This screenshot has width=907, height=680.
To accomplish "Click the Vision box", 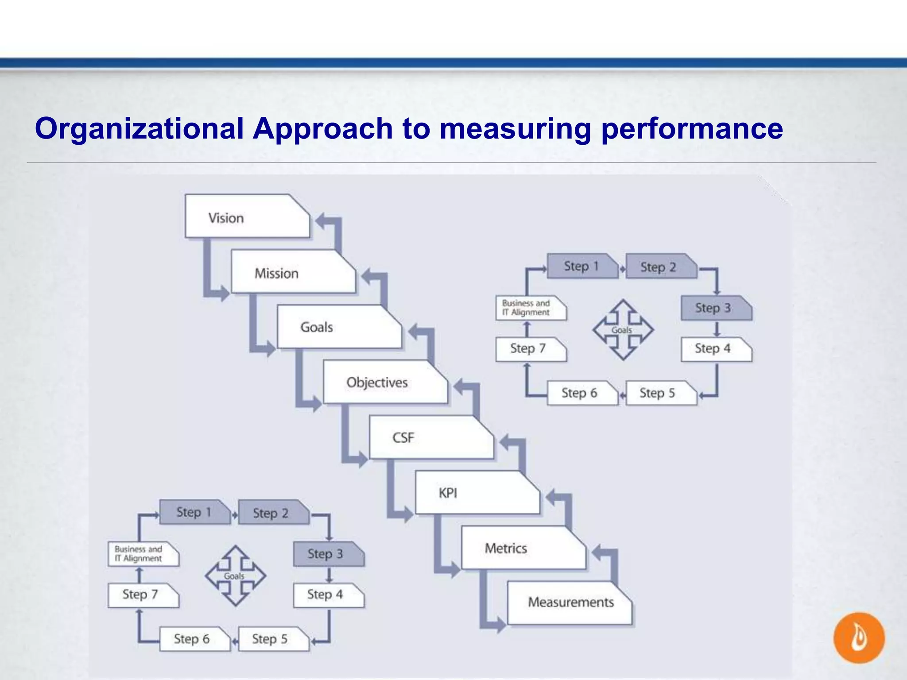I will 246,216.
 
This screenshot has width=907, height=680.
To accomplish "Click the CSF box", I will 430,437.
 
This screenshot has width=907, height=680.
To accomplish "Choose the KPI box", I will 477,493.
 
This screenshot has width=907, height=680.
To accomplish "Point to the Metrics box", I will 523,548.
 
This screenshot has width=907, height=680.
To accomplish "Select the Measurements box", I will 570,603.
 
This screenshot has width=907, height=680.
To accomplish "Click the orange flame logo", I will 859,637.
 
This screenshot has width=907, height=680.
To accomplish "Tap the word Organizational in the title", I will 139,129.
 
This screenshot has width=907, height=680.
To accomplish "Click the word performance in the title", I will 692,129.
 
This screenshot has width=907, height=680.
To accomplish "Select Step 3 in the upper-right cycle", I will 716,308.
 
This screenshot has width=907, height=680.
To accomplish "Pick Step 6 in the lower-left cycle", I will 194,639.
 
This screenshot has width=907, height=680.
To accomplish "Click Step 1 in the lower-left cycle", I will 194,512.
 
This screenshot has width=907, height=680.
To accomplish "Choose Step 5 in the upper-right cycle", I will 660,393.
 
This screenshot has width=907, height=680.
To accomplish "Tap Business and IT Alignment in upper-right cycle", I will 530,308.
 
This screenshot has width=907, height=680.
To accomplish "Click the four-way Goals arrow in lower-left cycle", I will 235,576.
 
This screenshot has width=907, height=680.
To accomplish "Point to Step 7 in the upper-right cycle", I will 530,349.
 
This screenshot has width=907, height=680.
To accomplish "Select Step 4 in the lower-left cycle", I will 328,595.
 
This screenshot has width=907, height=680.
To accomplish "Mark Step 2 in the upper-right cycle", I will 660,267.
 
